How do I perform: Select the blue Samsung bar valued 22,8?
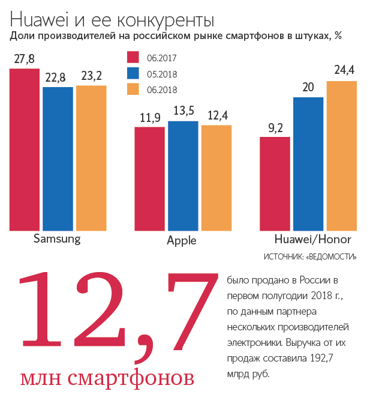[x=58, y=159]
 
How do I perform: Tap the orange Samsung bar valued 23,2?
[x=91, y=157]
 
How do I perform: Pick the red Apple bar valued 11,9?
[x=149, y=178]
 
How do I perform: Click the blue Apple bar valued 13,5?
[x=183, y=175]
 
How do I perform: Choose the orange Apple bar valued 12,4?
[x=216, y=177]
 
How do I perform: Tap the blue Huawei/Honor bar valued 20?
[x=308, y=163]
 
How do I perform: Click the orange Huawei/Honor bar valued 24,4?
[x=342, y=155]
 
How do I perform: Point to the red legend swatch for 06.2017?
[x=133, y=58]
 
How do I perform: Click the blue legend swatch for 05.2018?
[x=133, y=74]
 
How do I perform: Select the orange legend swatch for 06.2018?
[x=133, y=90]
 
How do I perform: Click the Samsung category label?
[x=57, y=238]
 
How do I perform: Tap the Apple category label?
[x=182, y=241]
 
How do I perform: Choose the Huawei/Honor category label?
[x=312, y=238]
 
